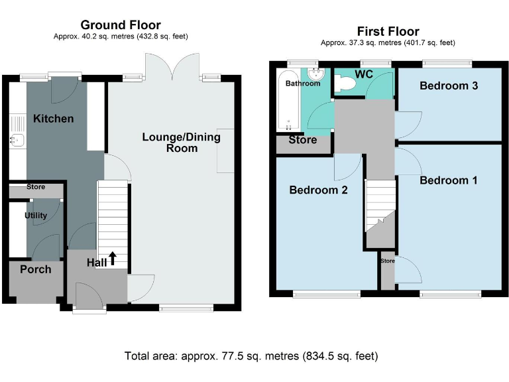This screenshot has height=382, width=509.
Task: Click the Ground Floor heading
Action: [x=121, y=25]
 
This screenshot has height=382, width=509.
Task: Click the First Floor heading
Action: [x=388, y=32]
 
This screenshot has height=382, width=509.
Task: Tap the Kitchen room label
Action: [x=54, y=119]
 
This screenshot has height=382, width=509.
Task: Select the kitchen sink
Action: [x=17, y=141]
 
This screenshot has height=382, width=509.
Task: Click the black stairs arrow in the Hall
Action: [x=112, y=258]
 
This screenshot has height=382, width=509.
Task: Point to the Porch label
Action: [x=36, y=269]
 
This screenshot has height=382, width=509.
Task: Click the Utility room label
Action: [x=36, y=216]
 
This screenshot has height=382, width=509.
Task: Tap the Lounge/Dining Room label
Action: [x=182, y=143]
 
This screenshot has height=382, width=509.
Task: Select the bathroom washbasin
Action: [x=316, y=74]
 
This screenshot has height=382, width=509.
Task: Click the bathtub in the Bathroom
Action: [x=288, y=100]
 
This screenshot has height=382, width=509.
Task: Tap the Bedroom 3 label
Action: [x=449, y=86]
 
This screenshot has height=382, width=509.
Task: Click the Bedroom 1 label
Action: [x=449, y=180]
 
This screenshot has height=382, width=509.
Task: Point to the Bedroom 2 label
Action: [x=318, y=190]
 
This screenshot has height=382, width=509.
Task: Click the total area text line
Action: [x=251, y=356]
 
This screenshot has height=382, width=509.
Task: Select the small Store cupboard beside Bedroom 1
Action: [x=388, y=271]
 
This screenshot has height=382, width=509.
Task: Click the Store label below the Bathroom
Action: [x=303, y=140]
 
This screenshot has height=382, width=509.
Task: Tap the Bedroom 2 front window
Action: [x=327, y=294]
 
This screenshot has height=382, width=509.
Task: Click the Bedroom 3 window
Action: [x=447, y=64]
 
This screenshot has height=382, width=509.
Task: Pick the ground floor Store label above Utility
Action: [x=36, y=187]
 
